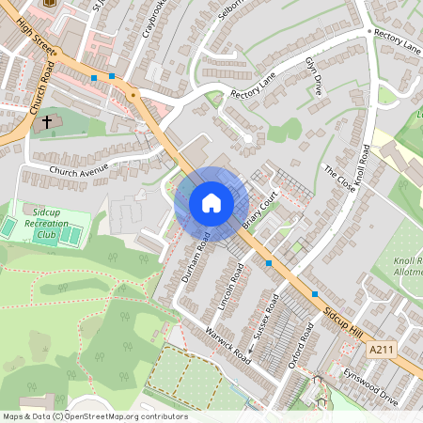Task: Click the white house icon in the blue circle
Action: [x=211, y=202]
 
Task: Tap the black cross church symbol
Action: [x=47, y=122]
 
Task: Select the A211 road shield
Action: [x=380, y=349]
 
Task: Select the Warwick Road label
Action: [x=229, y=346]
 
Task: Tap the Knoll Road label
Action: [x=364, y=164]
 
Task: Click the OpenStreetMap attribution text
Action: [x=94, y=416]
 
